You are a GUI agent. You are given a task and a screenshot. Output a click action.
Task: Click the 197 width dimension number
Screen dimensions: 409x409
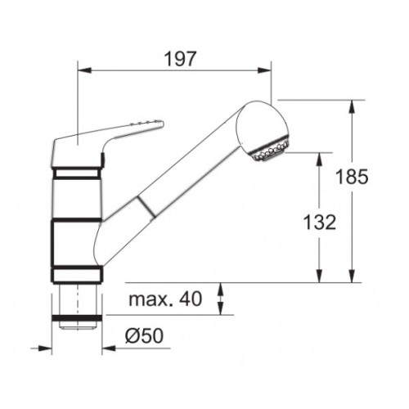[180, 59]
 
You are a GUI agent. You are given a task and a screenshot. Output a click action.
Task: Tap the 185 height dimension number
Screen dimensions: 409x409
[352, 177]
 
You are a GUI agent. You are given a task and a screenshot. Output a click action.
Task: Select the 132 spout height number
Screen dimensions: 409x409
[320, 222]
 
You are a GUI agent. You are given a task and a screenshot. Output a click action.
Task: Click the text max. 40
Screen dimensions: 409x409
[165, 299]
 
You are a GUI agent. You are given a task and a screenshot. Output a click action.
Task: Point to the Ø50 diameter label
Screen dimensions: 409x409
[144, 335]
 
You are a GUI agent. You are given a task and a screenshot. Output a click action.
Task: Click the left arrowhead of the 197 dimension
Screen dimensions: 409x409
[84, 70]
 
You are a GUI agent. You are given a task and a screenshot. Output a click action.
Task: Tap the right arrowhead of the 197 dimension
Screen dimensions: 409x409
[264, 70]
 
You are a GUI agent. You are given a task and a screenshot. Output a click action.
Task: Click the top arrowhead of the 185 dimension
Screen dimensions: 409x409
[352, 106]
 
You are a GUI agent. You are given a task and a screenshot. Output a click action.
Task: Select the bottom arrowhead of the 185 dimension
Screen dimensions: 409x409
[352, 276]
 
